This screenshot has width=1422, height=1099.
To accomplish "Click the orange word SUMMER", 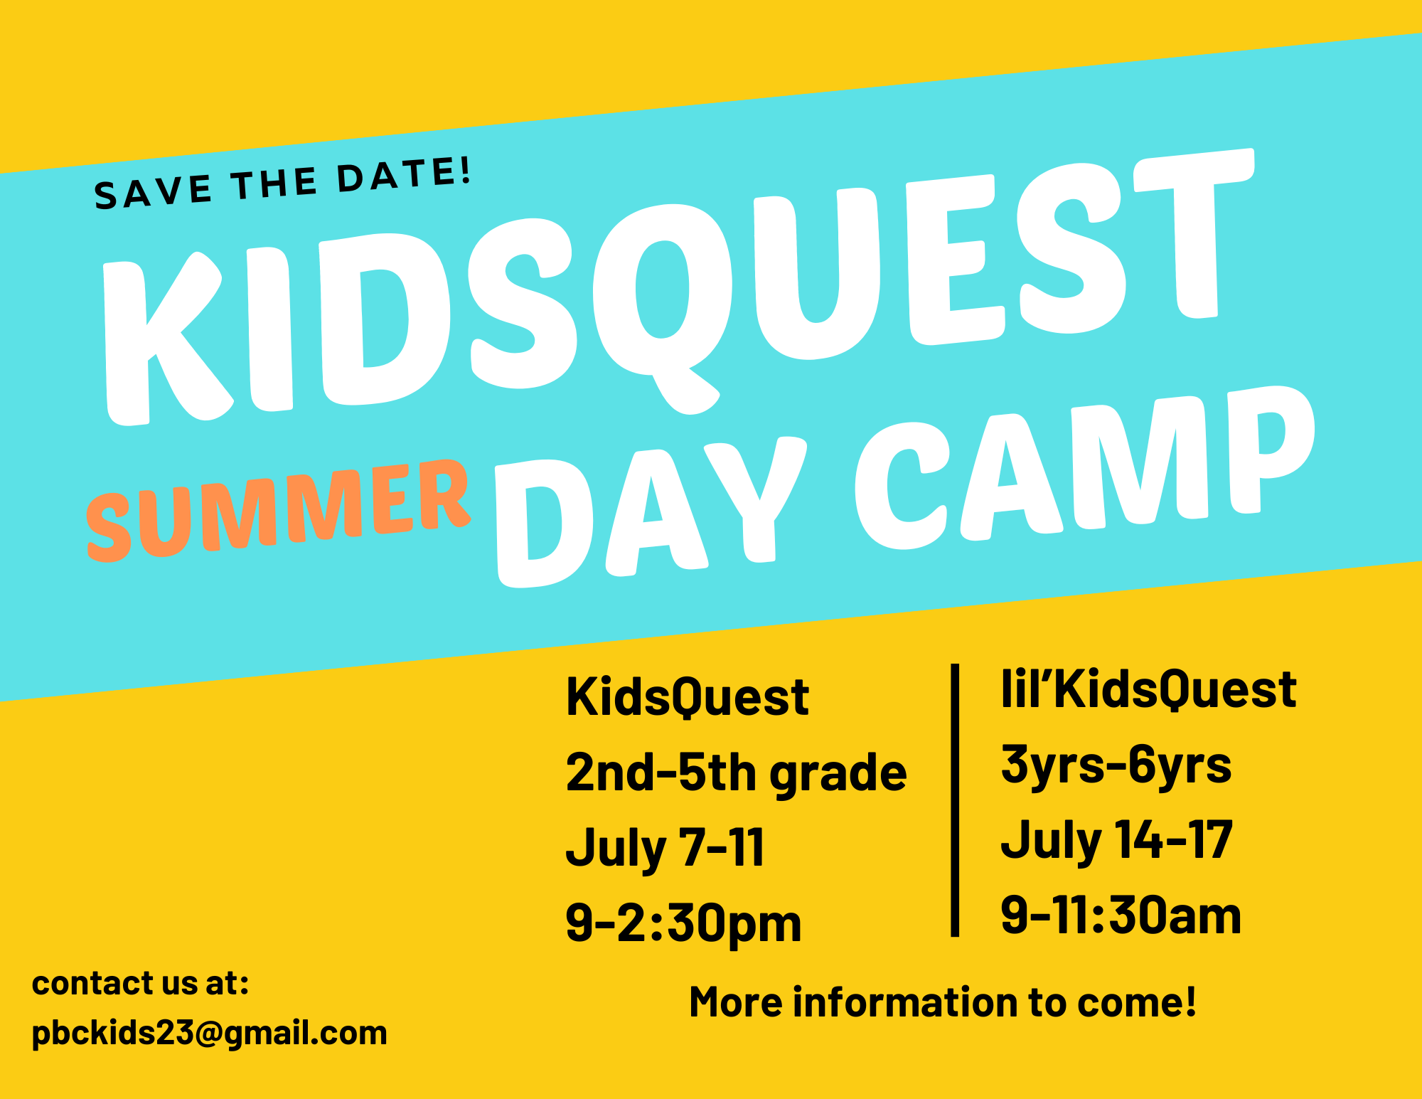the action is point(278,510).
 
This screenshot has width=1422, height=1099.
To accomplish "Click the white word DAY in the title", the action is point(651,510).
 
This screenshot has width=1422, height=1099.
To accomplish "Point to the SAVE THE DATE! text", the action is point(283,184).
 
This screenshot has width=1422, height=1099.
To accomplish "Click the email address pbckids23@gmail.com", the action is point(210,1033).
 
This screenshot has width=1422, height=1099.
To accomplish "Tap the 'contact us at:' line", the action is point(141,983).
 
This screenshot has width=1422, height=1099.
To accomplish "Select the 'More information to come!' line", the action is point(943,1002).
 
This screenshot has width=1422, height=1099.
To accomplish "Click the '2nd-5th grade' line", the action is point(736,774).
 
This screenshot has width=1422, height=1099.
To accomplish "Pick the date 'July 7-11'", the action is point(665,848).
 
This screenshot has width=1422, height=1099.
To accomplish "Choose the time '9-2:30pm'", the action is point(683,923).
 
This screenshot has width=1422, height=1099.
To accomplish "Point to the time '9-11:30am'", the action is point(1121,915).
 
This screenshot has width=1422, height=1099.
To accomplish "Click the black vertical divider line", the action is point(955,800).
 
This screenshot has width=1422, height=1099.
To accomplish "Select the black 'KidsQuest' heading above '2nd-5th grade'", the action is point(687,696).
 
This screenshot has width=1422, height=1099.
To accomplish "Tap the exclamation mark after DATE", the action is point(465,171).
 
